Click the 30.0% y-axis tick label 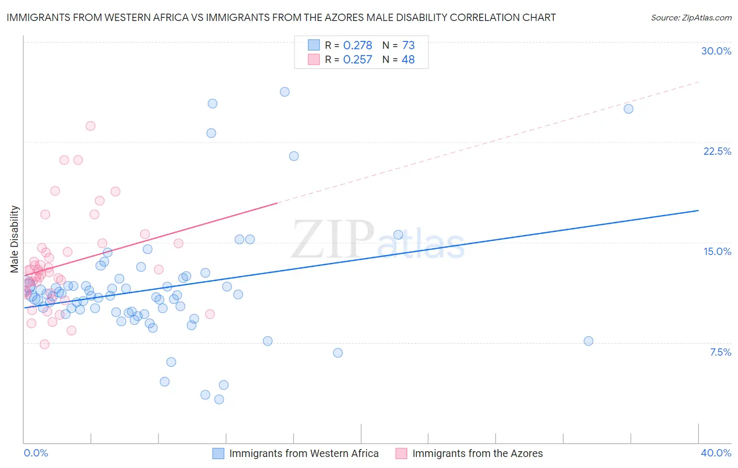pyautogui.click(x=716, y=51)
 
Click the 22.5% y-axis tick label pyautogui.click(x=717, y=151)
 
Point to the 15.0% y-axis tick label pyautogui.click(x=717, y=251)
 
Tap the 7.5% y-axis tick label pyautogui.click(x=720, y=352)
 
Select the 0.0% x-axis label pyautogui.click(x=36, y=453)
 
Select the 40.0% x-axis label pyautogui.click(x=716, y=453)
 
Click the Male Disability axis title pyautogui.click(x=15, y=239)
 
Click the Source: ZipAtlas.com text pyautogui.click(x=691, y=18)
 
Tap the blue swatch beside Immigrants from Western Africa pyautogui.click(x=218, y=453)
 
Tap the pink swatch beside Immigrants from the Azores pyautogui.click(x=402, y=453)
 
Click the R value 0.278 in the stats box pyautogui.click(x=357, y=46)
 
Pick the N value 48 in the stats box pyautogui.click(x=408, y=60)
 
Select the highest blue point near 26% pyautogui.click(x=284, y=92)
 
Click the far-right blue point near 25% pyautogui.click(x=628, y=109)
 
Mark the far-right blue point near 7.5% pyautogui.click(x=588, y=341)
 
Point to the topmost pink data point pyautogui.click(x=90, y=126)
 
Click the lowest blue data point pyautogui.click(x=219, y=399)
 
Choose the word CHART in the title pyautogui.click(x=541, y=18)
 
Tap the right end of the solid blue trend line pyautogui.click(x=698, y=210)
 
